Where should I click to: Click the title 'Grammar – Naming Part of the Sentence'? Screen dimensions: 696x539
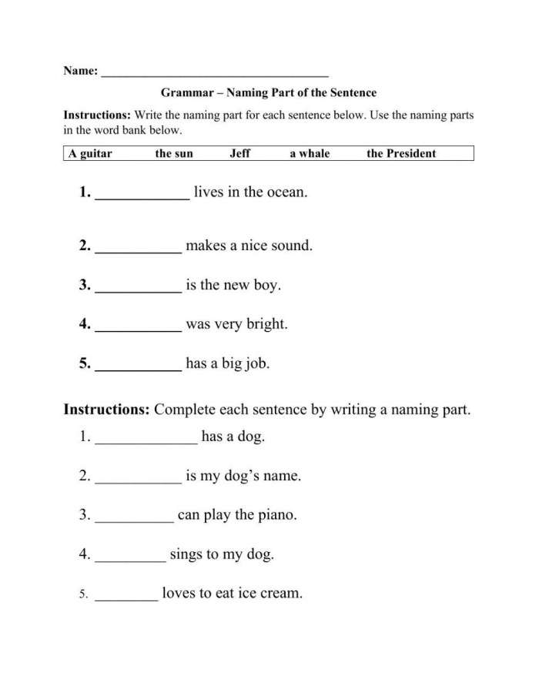[269, 93]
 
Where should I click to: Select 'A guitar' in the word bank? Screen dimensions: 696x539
[90, 153]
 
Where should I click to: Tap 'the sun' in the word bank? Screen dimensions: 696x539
[174, 153]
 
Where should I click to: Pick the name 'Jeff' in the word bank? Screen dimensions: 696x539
[240, 153]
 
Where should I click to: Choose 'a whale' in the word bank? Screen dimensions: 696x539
[310, 153]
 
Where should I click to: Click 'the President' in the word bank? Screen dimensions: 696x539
[401, 153]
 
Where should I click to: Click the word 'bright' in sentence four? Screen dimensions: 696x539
[266, 324]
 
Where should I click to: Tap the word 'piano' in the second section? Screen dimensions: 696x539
[275, 515]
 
